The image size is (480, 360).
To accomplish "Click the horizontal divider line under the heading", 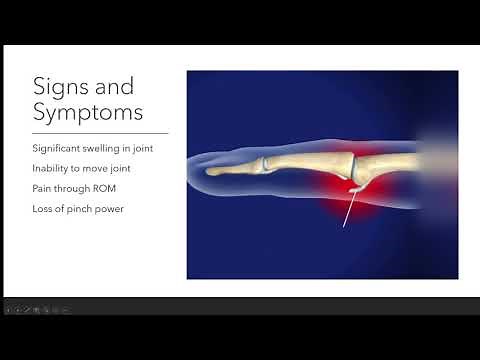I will point(100,132).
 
